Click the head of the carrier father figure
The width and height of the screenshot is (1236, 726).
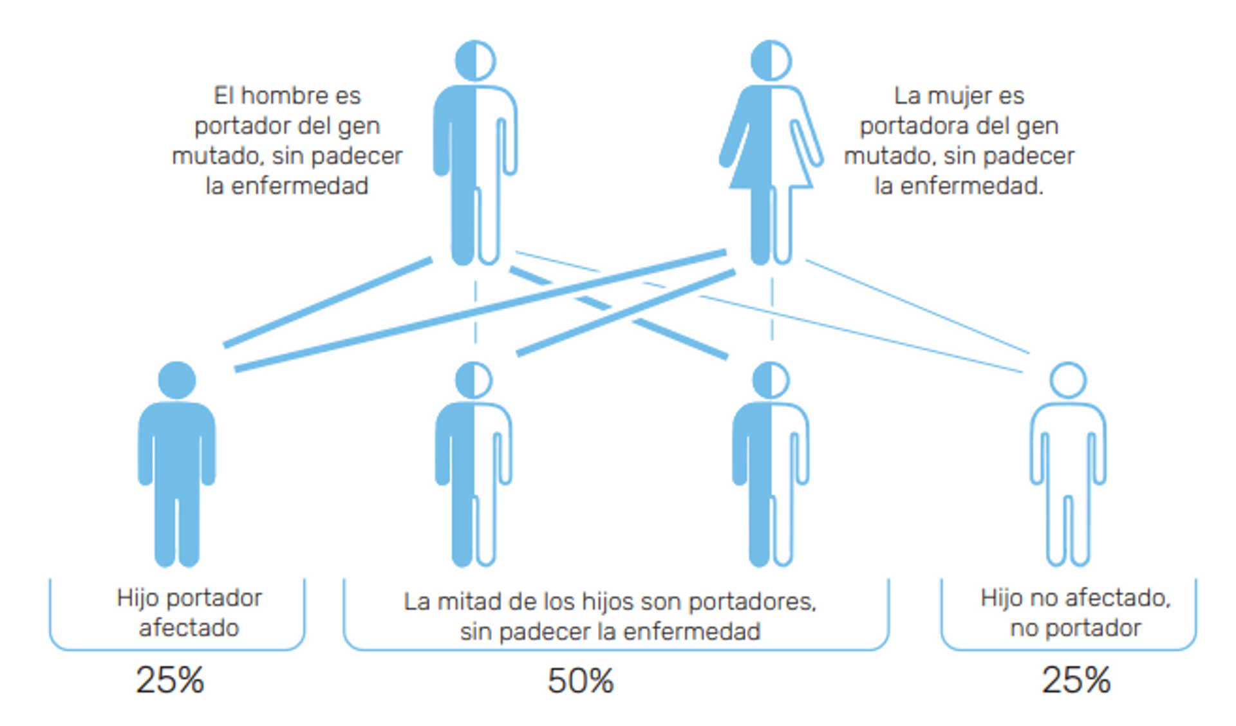pos(475,61)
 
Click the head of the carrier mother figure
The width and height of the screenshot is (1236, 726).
pos(771,61)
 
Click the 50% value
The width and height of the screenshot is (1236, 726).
pos(581,681)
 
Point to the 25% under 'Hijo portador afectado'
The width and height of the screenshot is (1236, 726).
pos(170,680)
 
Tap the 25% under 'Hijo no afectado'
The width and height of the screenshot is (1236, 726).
pos(1076,680)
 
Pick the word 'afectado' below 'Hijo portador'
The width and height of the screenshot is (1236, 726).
pos(189,628)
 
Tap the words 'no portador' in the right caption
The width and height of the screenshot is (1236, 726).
pos(1076,628)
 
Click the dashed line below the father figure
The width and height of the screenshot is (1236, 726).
pos(475,312)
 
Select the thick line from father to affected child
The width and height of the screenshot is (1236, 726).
pos(327,302)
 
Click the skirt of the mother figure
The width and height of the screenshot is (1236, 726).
pos(771,167)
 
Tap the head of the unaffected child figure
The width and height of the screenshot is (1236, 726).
pos(1068,380)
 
